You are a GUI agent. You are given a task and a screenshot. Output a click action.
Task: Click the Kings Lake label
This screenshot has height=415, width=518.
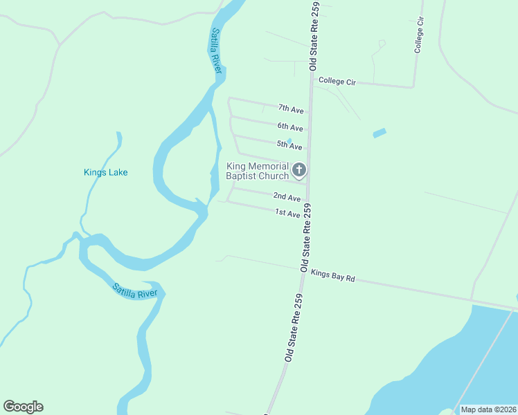[x=105, y=172]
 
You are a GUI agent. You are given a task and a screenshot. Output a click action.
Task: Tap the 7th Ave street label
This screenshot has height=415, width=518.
[x=291, y=109]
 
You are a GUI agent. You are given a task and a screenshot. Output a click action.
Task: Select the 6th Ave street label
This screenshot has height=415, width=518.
[x=290, y=127]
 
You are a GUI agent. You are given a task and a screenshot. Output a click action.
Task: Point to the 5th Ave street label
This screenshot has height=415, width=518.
[x=289, y=146]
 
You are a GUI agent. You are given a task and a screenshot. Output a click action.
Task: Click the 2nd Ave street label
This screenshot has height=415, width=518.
[x=286, y=197]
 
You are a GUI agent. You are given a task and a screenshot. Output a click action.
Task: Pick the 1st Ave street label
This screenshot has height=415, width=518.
[x=287, y=214]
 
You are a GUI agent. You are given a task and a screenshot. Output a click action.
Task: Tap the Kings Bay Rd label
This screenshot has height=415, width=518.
[x=332, y=276]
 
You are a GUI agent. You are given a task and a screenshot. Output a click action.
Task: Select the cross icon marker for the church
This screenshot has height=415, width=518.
[x=299, y=169]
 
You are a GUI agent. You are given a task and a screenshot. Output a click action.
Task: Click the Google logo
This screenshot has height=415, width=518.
[x=23, y=407]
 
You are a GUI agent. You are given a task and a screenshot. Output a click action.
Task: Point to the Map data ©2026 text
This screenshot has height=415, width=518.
[x=488, y=409]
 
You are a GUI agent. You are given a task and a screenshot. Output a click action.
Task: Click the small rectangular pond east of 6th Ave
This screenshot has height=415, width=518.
[x=379, y=133]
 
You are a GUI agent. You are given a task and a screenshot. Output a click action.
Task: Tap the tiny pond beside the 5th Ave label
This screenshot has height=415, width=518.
[x=289, y=140]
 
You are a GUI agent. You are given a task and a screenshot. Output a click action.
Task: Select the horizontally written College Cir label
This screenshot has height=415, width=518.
[x=337, y=82]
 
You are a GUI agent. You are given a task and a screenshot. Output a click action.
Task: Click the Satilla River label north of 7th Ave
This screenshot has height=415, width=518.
[x=217, y=52]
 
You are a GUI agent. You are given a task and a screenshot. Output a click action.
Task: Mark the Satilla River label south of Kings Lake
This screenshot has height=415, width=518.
[x=135, y=290]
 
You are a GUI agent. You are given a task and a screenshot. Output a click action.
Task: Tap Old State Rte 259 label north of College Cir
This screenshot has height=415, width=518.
[x=314, y=36]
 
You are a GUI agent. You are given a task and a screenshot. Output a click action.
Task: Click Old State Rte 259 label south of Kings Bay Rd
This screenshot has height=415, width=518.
[x=292, y=338]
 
